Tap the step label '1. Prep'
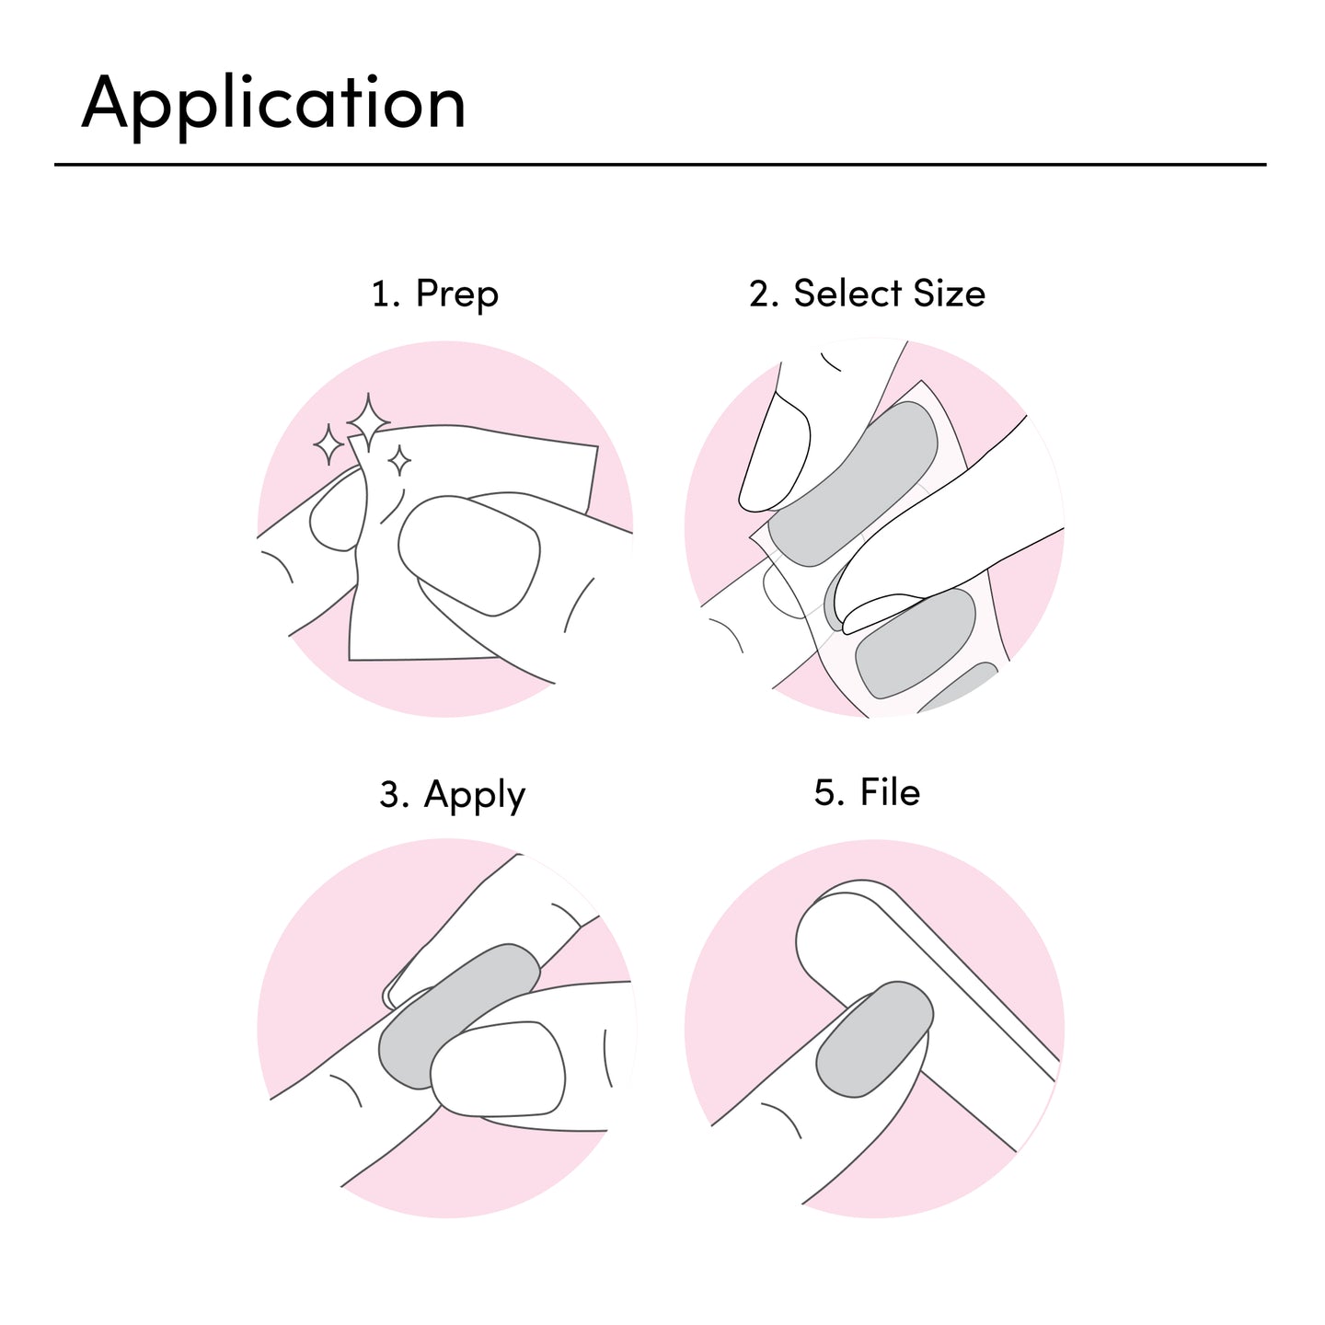tap(434, 294)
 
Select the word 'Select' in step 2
tap(847, 293)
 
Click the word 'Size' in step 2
tap(950, 293)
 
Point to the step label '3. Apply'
tap(452, 795)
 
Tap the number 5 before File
tap(825, 792)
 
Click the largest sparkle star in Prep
tap(368, 421)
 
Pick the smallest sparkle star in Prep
tap(399, 460)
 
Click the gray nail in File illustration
tap(874, 1039)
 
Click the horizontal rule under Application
tap(660, 165)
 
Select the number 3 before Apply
tap(390, 793)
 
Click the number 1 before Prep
tap(381, 294)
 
